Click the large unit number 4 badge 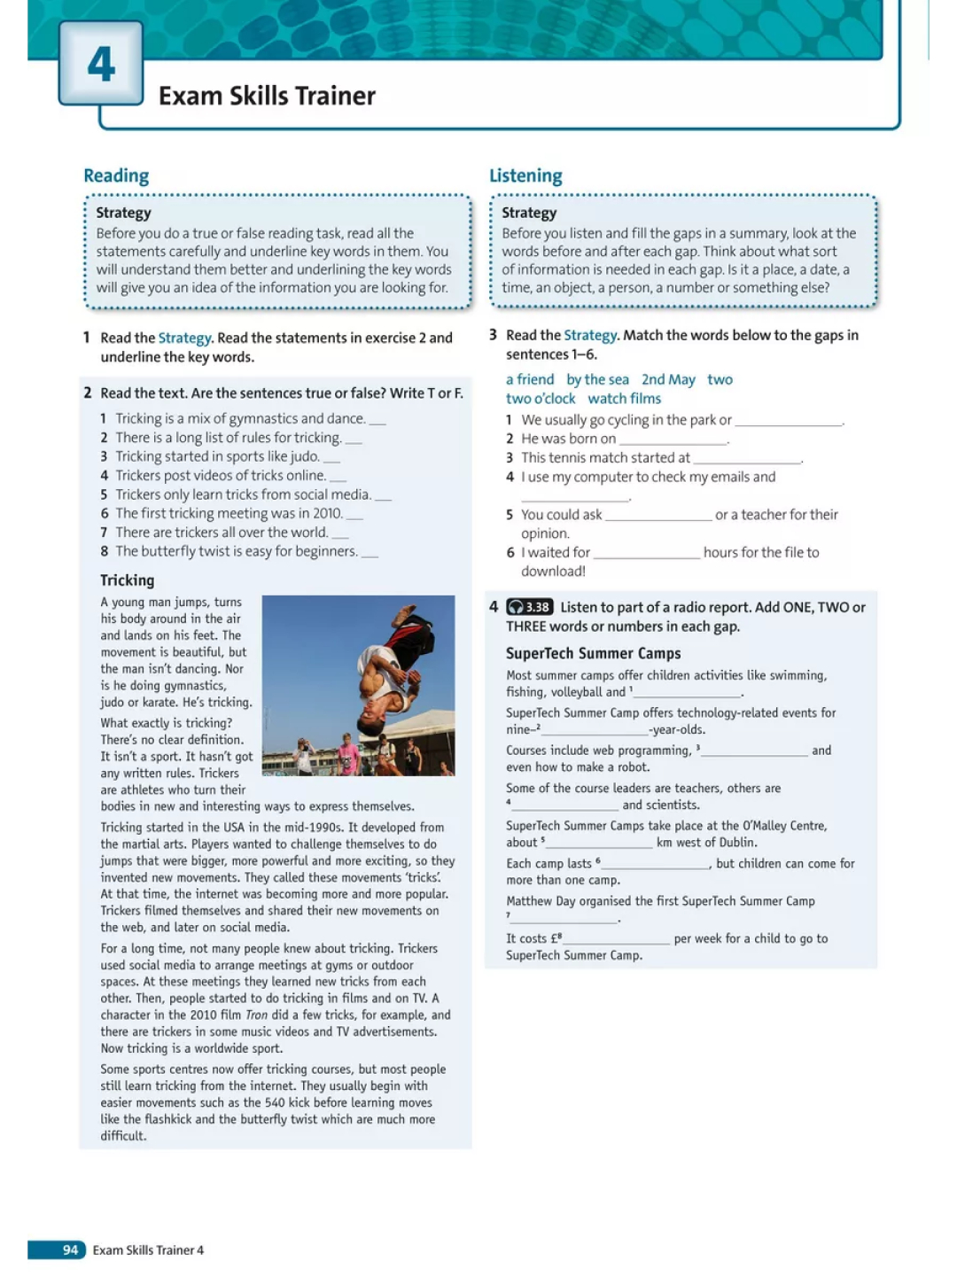(x=101, y=63)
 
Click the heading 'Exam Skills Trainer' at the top (x=267, y=96)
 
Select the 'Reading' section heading (x=116, y=175)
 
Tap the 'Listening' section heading (x=525, y=175)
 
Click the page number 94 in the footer (x=70, y=1249)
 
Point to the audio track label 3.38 (x=530, y=607)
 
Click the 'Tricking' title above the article (x=127, y=580)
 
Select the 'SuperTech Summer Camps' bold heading (x=593, y=653)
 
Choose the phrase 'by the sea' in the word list (x=597, y=379)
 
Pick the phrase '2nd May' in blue (x=668, y=379)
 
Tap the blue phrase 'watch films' (x=624, y=399)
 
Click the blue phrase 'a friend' (x=530, y=379)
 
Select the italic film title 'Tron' (x=256, y=1015)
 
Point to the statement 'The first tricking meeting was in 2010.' (x=229, y=513)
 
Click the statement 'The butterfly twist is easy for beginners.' (x=237, y=551)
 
